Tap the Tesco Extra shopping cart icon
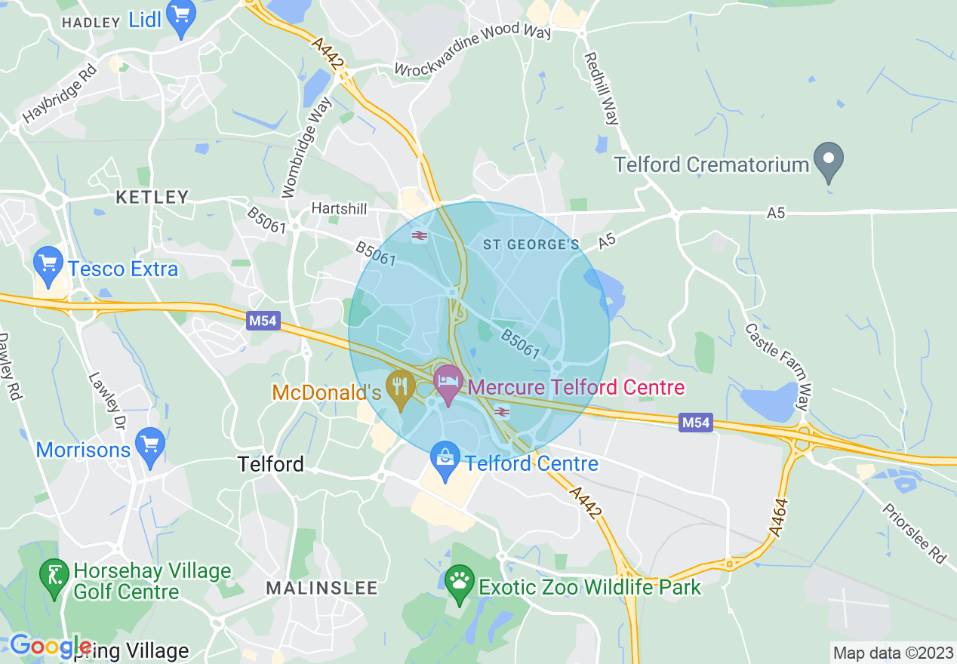pos(49,266)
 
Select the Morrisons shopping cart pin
pos(150,445)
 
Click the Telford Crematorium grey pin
pos(828,161)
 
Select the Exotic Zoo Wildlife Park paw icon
pos(459,583)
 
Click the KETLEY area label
pos(152,198)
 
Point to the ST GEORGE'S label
pos(531,244)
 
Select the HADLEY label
pos(91,23)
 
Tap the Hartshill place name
pos(340,208)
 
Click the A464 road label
pos(779,518)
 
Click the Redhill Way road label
pos(602,88)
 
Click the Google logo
pos(50,646)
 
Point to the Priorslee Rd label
pos(912,533)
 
